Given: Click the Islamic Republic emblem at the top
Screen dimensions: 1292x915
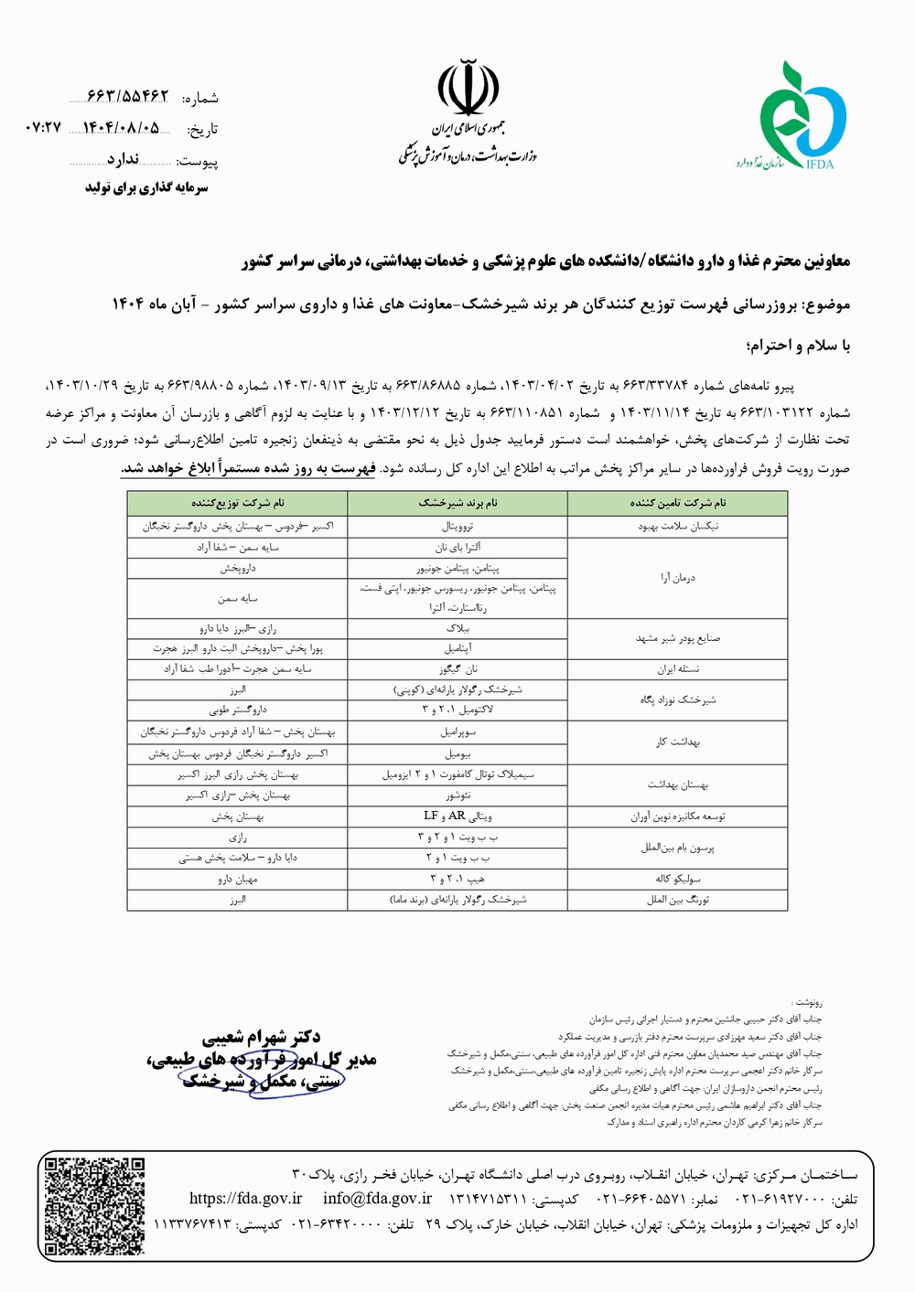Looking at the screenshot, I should [468, 87].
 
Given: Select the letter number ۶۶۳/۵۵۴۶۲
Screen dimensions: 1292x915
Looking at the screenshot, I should [127, 96].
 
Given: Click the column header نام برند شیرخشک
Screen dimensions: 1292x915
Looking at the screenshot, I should [457, 503].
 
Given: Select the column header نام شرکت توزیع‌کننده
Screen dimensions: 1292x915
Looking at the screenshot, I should [237, 503].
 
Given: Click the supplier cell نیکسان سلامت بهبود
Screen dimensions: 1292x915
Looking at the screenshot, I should [677, 527].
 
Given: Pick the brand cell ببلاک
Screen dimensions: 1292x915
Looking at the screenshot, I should [457, 629].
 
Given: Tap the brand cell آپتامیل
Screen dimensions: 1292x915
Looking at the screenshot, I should [457, 648].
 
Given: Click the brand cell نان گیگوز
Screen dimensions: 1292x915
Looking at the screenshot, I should [457, 669].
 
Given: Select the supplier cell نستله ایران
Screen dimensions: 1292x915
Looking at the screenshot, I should [677, 669].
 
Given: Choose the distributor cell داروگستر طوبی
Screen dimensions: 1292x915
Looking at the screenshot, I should [237, 710].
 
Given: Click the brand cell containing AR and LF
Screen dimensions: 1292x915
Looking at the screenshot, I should [457, 816].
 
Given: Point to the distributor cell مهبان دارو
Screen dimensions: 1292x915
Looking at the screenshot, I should [237, 879].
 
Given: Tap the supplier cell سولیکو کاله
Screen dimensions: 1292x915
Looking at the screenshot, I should [677, 879].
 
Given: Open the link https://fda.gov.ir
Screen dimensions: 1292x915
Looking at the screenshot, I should [245, 1199].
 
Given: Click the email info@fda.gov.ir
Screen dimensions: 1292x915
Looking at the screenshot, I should [377, 1199].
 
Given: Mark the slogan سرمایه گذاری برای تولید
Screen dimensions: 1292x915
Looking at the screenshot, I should [146, 187].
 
